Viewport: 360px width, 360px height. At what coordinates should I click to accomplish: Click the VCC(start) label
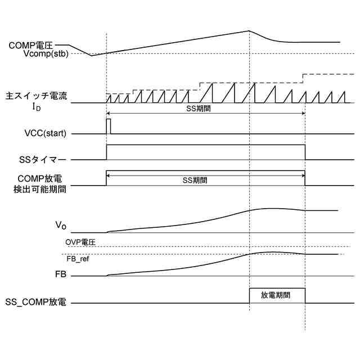[43, 133]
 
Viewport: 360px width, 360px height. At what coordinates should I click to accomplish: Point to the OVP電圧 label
[82, 242]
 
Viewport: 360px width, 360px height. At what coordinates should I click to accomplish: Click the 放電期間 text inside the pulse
[276, 295]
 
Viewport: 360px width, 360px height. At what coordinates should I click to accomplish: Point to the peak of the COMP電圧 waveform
[249, 31]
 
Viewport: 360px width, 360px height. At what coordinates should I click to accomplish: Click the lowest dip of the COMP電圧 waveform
[92, 55]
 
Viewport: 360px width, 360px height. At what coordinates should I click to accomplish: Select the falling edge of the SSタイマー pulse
[305, 152]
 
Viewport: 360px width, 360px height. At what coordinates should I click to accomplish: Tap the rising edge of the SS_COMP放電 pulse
[249, 296]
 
